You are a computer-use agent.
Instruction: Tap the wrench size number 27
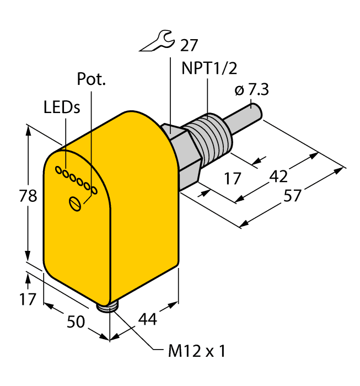point(184,44)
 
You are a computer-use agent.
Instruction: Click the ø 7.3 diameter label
point(251,90)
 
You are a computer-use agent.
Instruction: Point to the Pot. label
point(91,80)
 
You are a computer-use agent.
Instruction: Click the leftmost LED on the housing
point(58,171)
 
